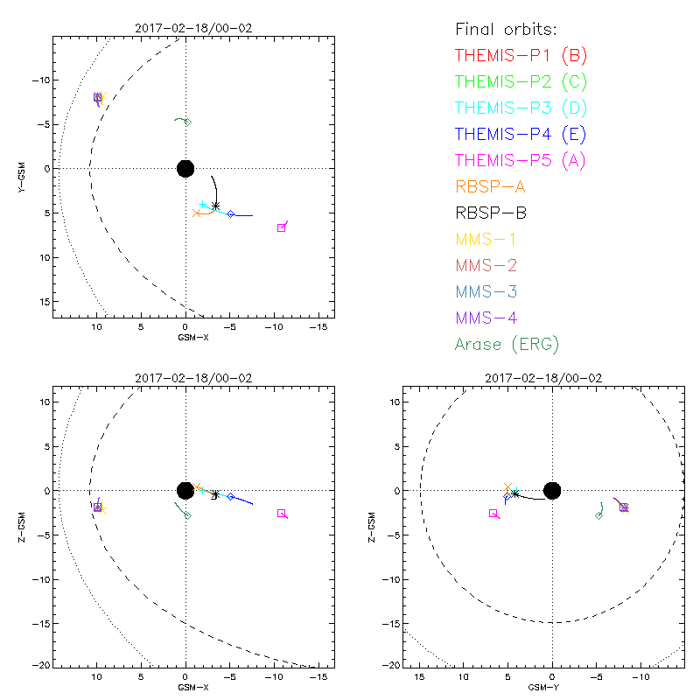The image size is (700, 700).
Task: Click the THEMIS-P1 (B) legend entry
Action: pos(521,56)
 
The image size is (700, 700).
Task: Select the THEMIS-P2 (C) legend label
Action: pos(521,82)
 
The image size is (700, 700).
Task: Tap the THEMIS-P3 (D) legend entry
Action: pos(521,108)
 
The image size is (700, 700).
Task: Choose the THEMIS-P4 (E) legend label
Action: pos(521,135)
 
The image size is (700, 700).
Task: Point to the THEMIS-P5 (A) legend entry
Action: pos(521,160)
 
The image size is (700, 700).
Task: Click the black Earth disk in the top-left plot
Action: pos(185,168)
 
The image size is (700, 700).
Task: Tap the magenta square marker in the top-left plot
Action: pos(281,227)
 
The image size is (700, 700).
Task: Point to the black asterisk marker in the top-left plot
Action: pos(215,206)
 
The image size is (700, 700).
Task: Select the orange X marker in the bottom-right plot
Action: pos(507,486)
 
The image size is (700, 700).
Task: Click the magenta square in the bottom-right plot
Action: pos(493,514)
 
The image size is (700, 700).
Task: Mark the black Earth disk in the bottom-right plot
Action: pos(551,490)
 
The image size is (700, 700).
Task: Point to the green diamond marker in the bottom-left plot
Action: pos(187,515)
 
